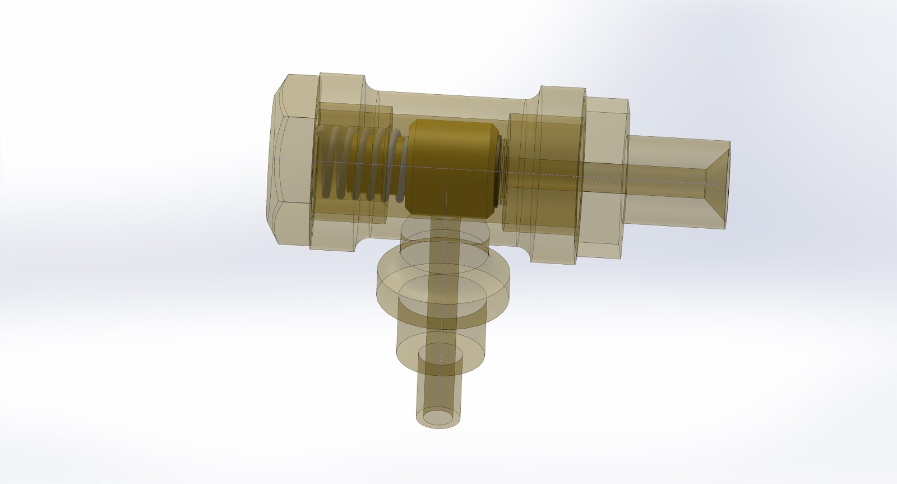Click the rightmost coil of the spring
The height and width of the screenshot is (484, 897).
(x=397, y=168)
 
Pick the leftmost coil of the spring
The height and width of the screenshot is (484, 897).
(x=326, y=163)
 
